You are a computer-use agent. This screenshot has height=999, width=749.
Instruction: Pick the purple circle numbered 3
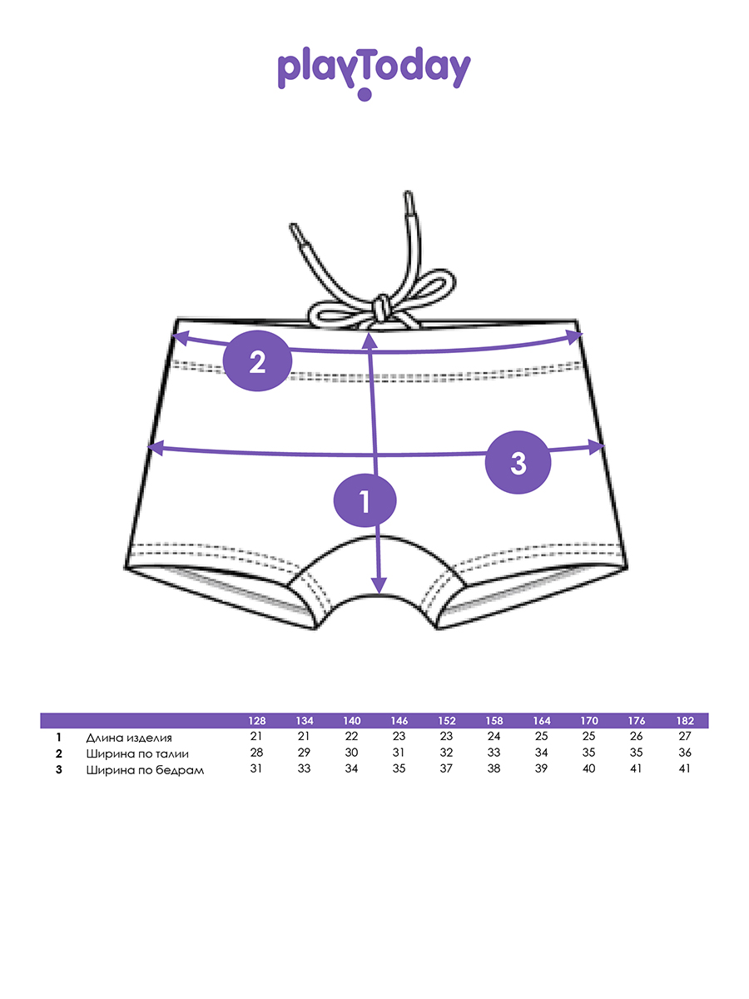click(518, 464)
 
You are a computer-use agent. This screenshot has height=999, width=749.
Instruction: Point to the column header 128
click(256, 721)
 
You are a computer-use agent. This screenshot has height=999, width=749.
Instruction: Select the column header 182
click(685, 721)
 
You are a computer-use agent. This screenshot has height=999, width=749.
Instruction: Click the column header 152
click(446, 721)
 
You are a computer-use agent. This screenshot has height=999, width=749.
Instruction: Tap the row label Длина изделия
click(128, 738)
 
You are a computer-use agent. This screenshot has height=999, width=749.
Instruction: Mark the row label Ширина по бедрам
click(145, 770)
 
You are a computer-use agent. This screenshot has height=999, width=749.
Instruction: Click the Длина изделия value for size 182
click(685, 737)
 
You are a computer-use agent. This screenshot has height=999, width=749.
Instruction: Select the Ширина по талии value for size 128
click(256, 753)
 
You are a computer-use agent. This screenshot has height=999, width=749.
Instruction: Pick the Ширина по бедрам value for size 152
click(446, 768)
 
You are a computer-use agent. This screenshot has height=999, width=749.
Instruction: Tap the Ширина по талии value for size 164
click(542, 753)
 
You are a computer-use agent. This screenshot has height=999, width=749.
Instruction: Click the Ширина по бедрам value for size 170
click(589, 768)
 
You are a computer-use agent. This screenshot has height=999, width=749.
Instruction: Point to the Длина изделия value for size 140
click(351, 737)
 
